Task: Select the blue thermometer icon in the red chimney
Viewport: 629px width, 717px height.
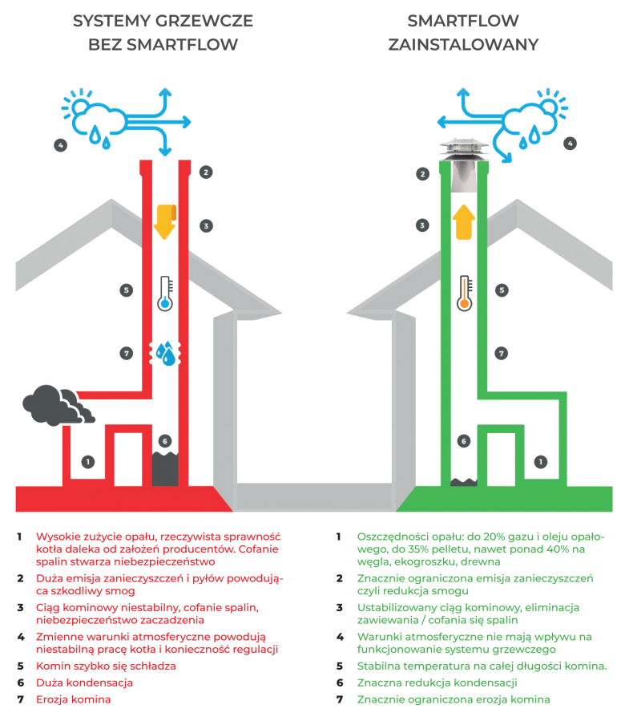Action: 165,293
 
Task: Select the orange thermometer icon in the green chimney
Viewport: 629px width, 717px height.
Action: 463,292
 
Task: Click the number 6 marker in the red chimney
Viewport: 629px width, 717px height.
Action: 164,441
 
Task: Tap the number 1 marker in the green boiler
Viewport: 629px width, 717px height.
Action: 541,461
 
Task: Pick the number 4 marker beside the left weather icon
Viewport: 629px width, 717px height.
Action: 60,145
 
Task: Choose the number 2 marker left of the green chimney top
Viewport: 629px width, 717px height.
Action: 422,173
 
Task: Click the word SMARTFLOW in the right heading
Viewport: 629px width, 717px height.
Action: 462,21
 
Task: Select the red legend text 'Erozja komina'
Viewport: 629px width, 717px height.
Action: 74,699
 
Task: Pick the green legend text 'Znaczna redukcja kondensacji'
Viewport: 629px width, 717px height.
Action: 436,683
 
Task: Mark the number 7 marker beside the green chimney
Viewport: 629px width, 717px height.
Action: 501,353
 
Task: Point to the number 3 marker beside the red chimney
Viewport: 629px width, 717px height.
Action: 205,226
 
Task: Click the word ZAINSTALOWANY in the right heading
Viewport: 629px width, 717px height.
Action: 462,45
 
